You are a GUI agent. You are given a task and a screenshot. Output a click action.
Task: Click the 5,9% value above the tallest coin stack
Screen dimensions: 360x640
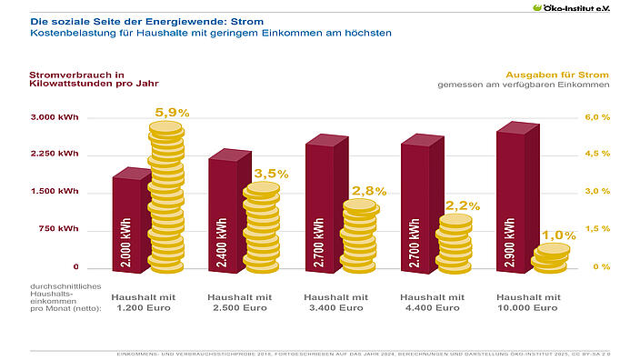coord(172,112)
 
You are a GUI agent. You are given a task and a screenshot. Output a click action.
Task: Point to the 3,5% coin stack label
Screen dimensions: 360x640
coord(271,173)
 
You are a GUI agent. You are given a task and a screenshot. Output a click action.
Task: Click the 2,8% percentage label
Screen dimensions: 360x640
coord(369,191)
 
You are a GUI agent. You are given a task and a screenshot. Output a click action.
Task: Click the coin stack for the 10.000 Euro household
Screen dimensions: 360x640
coord(550,258)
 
